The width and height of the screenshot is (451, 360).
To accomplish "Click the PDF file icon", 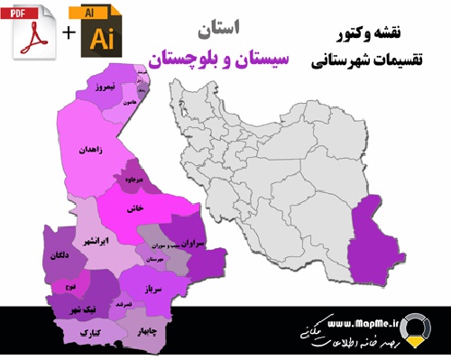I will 32,32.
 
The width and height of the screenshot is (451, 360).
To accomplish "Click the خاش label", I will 138,208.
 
